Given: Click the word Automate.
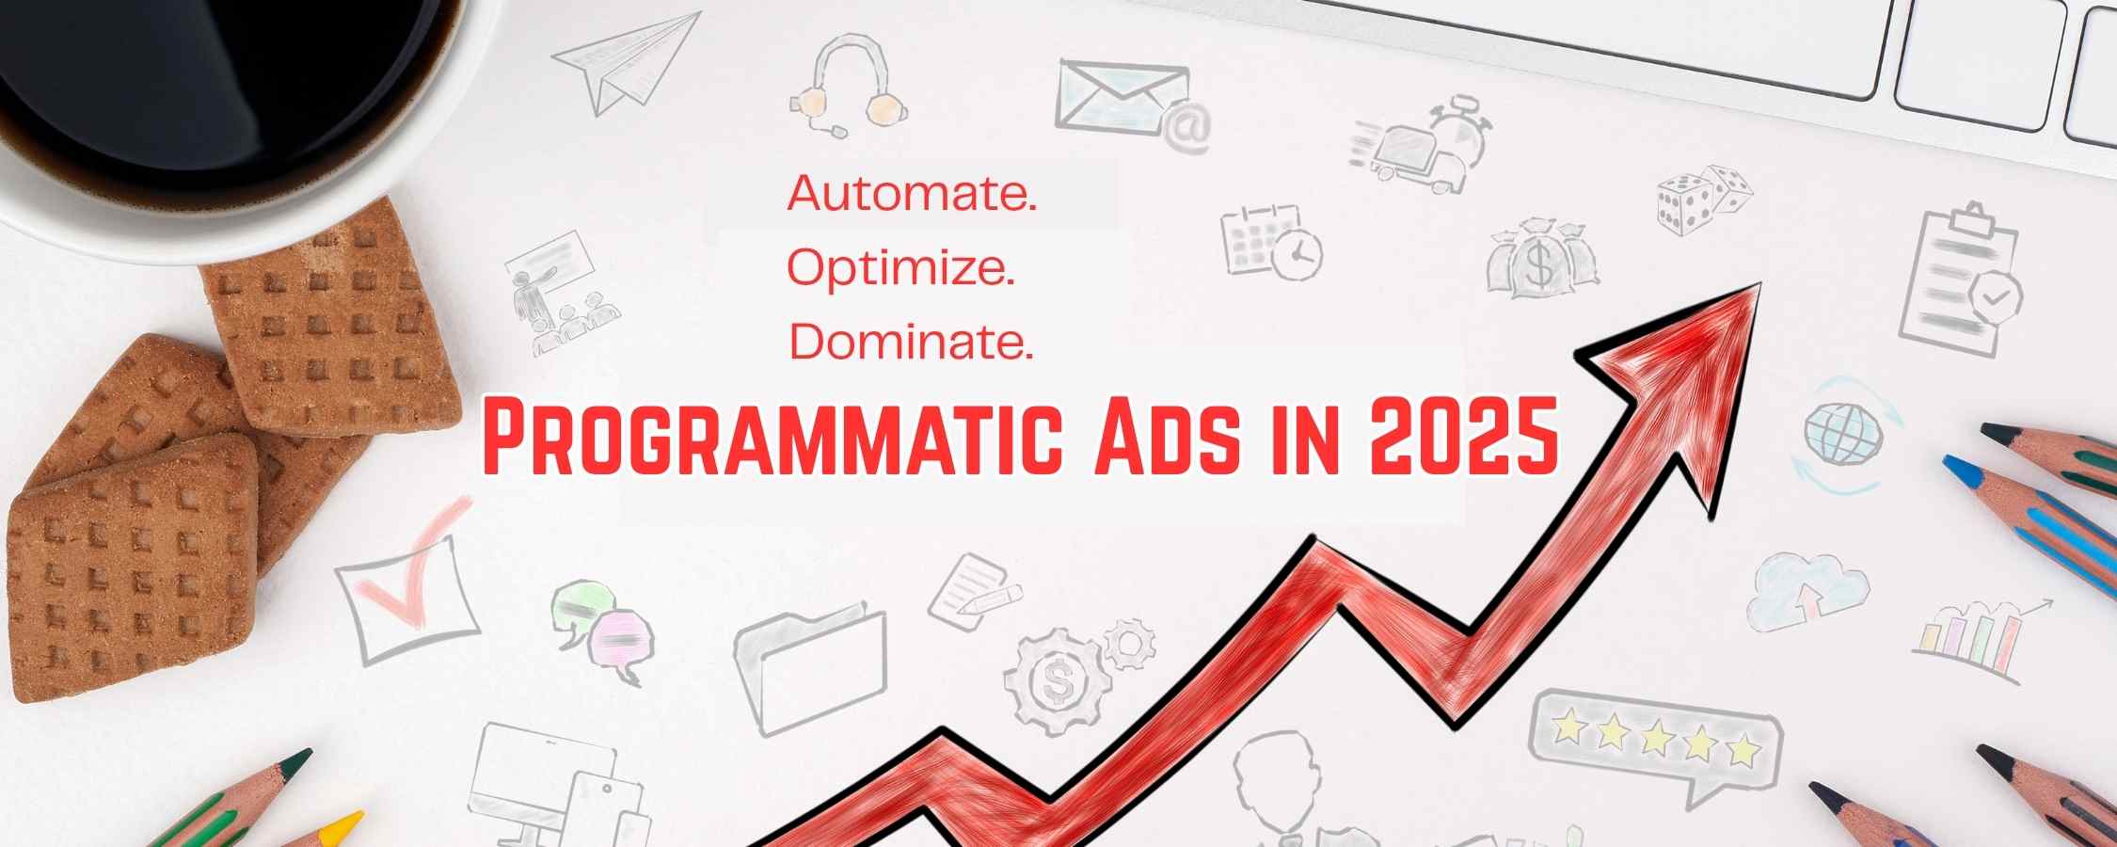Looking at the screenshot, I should tap(912, 194).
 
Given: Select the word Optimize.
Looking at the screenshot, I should tap(900, 269).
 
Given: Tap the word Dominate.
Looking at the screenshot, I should tap(911, 342).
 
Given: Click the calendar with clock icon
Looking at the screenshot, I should tap(1270, 242).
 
